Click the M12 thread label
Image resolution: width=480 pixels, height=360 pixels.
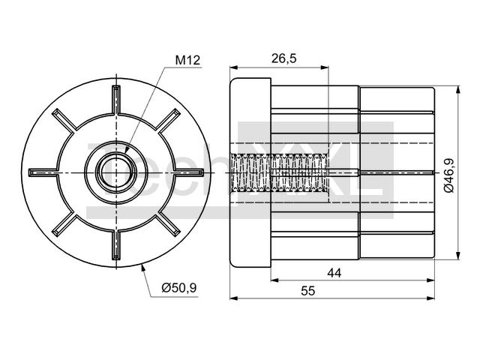(x=187, y=60)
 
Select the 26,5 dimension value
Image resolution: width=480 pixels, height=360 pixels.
(x=284, y=58)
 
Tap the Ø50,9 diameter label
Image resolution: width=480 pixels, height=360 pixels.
(x=179, y=288)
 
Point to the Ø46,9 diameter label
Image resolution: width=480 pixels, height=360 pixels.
(x=448, y=175)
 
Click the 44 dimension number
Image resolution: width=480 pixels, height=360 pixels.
(x=334, y=272)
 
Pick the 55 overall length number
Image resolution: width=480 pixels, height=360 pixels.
(x=307, y=290)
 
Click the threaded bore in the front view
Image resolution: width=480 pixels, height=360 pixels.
(x=116, y=172)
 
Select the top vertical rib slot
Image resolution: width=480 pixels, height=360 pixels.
(x=116, y=100)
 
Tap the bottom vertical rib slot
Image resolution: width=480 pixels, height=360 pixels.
(x=116, y=245)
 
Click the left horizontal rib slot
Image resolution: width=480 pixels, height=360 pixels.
(x=43, y=172)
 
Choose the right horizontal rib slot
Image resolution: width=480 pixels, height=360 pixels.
(x=189, y=172)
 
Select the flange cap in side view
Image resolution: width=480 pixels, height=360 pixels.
(x=250, y=172)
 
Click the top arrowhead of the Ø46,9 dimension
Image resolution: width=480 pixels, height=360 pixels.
(x=458, y=90)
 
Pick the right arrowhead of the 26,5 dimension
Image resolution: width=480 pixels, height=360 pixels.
(x=324, y=67)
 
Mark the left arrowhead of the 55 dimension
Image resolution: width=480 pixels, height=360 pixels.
(x=234, y=298)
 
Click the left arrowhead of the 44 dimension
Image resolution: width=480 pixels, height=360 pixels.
(x=275, y=280)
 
